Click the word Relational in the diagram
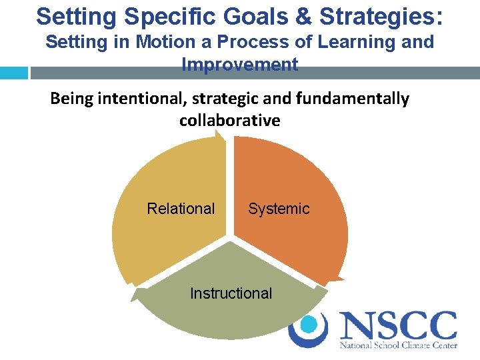pyautogui.click(x=181, y=209)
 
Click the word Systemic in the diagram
pyautogui.click(x=279, y=209)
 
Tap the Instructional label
pyautogui.click(x=231, y=293)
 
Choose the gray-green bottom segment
pyautogui.click(x=231, y=317)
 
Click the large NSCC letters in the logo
pyautogui.click(x=398, y=326)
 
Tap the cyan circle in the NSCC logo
pyautogui.click(x=308, y=324)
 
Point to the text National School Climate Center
pyautogui.click(x=398, y=346)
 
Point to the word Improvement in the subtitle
pyautogui.click(x=240, y=65)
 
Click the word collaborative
pyautogui.click(x=230, y=120)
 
